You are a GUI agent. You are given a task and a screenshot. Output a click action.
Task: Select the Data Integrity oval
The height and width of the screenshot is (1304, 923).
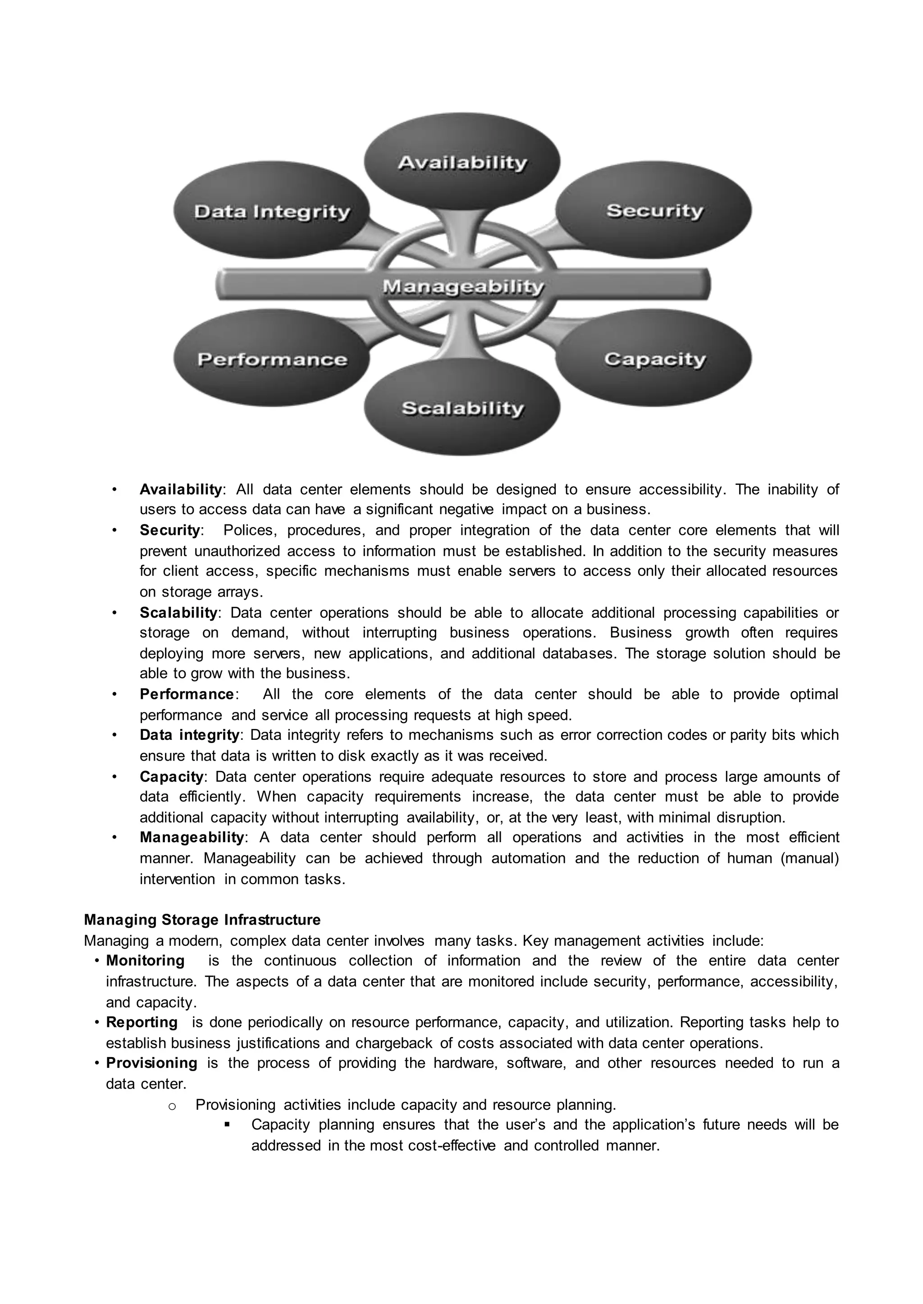pyautogui.click(x=272, y=211)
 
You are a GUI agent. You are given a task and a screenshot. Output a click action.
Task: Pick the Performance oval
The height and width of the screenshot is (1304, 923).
pyautogui.click(x=272, y=359)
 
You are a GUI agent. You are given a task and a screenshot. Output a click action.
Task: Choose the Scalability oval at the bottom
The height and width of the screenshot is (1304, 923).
pyautogui.click(x=461, y=408)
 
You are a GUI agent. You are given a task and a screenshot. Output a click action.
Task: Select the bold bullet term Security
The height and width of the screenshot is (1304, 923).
pyautogui.click(x=170, y=530)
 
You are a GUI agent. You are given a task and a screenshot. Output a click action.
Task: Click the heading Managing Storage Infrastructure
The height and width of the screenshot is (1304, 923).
pyautogui.click(x=202, y=919)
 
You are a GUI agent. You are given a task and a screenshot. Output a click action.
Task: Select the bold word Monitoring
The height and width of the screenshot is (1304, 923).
pyautogui.click(x=146, y=960)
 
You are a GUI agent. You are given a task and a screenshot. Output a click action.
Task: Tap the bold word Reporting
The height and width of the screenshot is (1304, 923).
pyautogui.click(x=142, y=1022)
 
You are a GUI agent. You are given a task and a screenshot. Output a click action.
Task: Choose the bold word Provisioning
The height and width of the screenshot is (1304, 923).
pyautogui.click(x=152, y=1062)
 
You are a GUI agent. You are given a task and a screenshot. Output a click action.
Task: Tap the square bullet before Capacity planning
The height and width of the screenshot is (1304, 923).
pyautogui.click(x=227, y=1125)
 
